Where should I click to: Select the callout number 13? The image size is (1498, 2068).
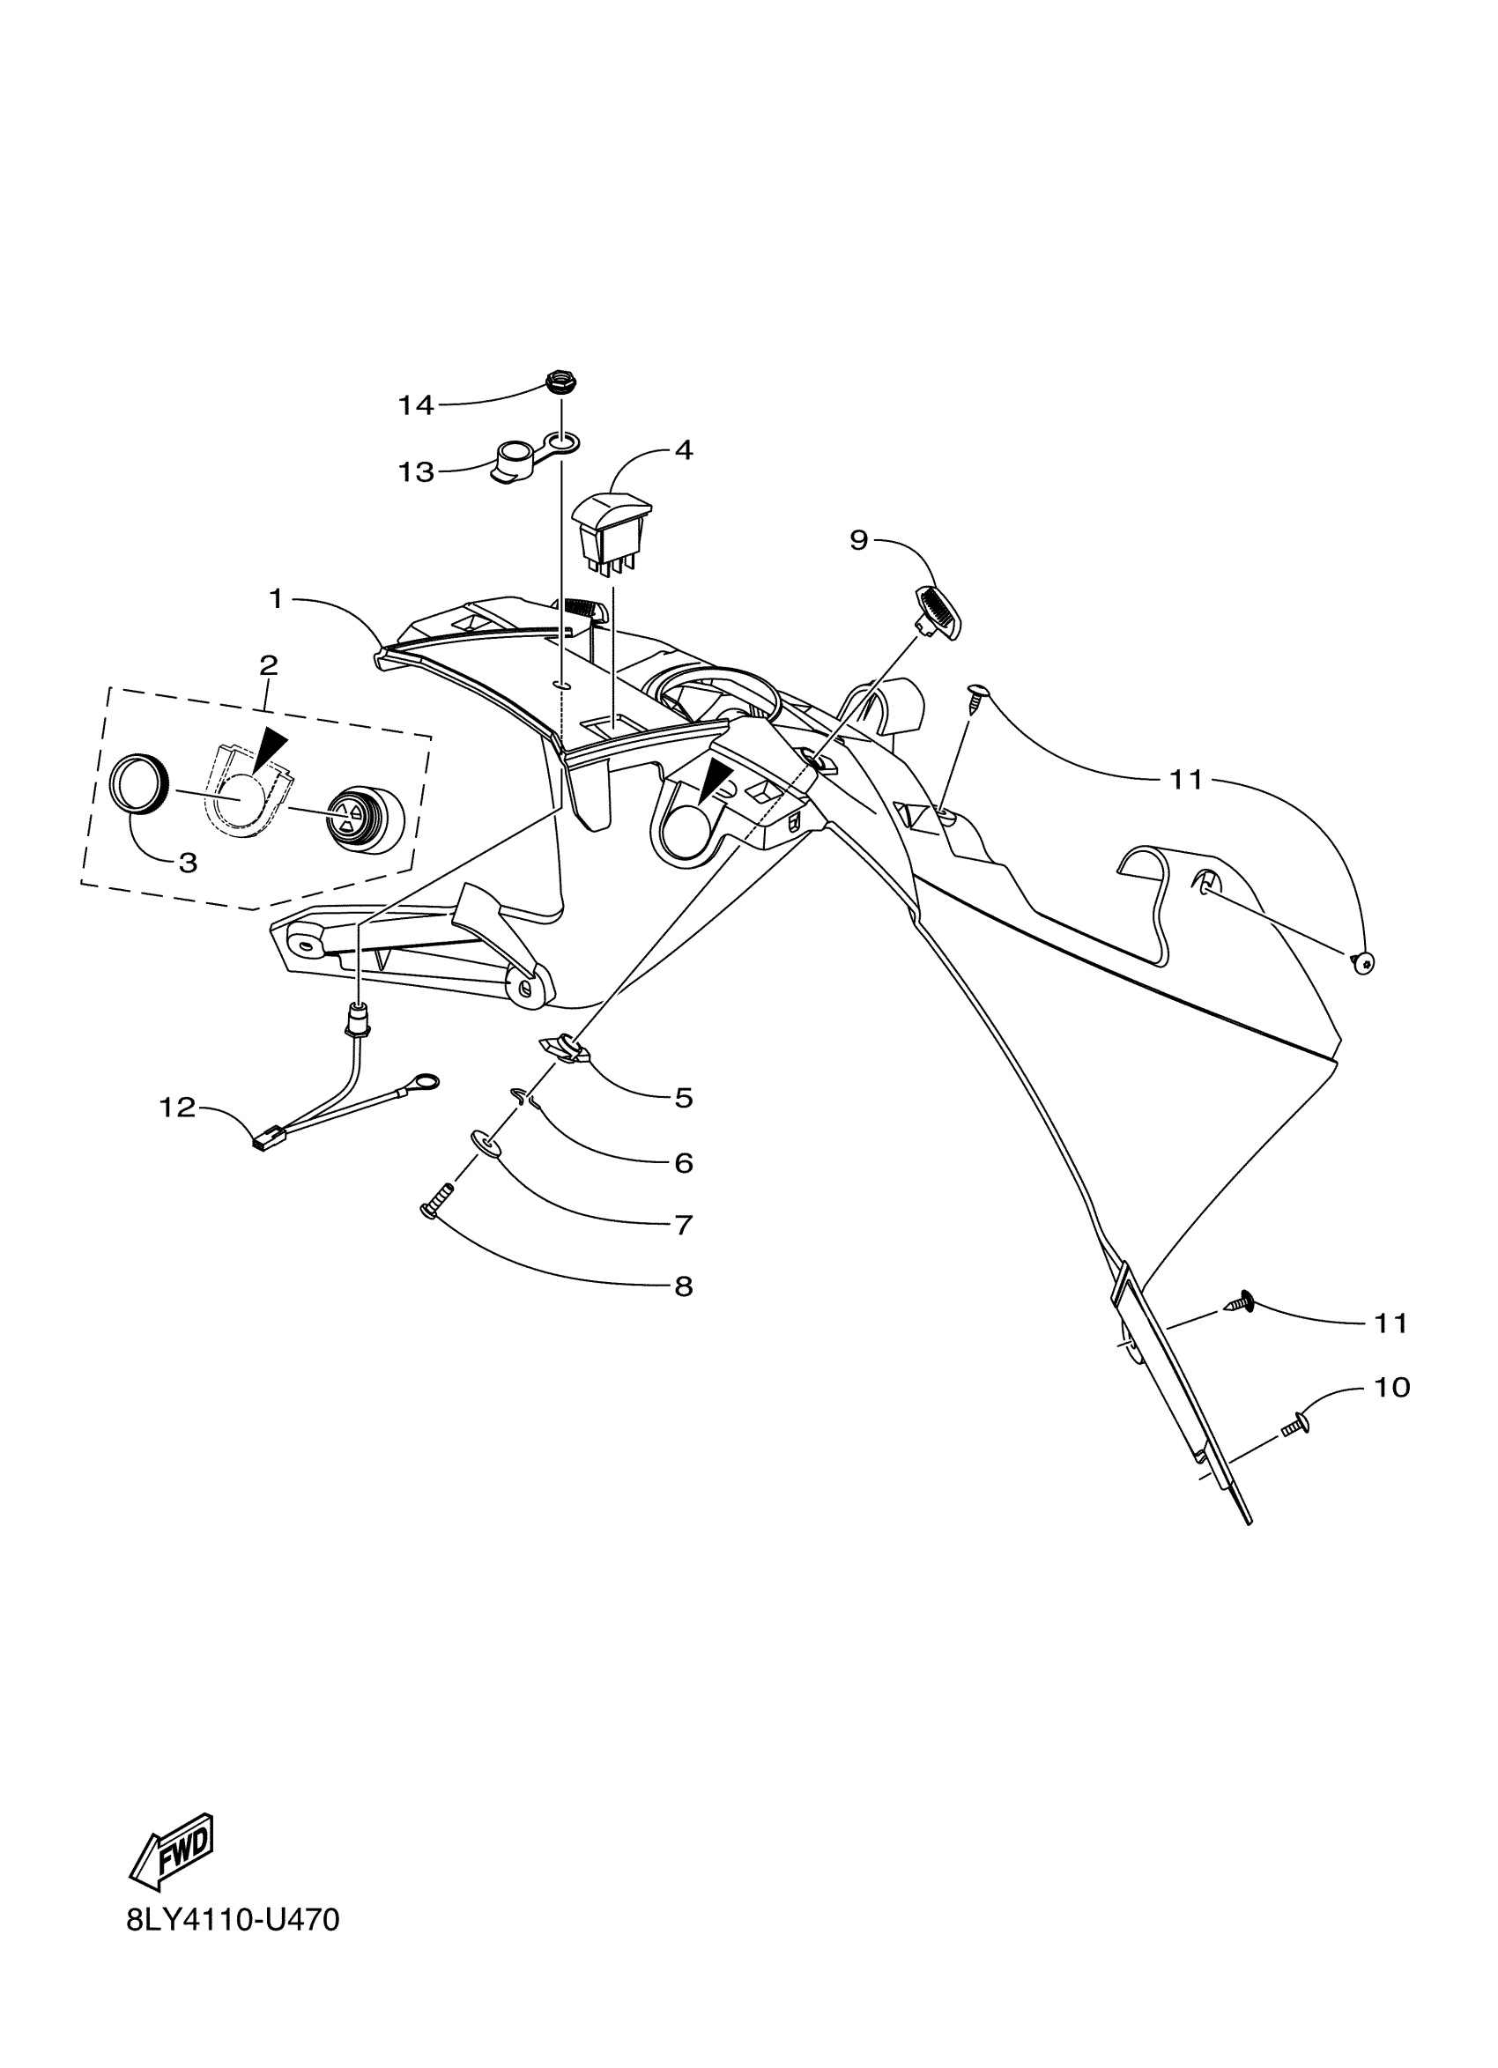416,472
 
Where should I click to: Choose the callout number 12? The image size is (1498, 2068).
177,1108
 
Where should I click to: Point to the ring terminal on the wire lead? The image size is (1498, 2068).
424,1084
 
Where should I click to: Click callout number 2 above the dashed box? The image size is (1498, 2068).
268,664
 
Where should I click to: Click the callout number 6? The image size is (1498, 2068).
684,1163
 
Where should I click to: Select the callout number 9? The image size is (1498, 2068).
859,540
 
